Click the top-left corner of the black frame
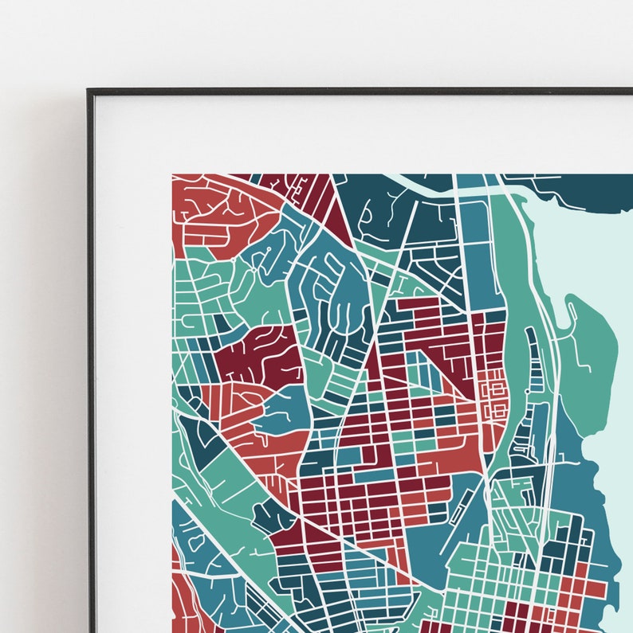(89, 91)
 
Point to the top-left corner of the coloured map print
(172, 174)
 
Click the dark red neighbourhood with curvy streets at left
(255, 354)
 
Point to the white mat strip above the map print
(359, 135)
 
